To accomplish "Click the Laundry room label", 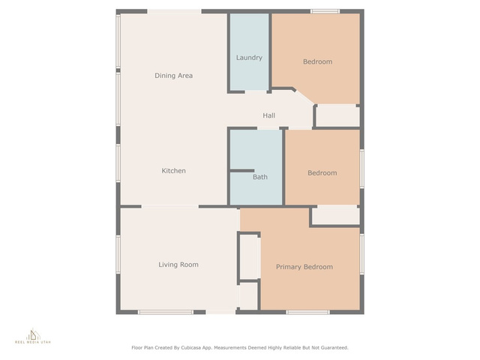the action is tap(249, 58).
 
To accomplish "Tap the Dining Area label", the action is tap(173, 76).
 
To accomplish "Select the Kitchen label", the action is tap(173, 171).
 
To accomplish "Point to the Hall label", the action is tap(268, 115).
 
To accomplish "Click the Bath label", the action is tap(260, 177).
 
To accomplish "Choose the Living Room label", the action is tap(178, 265).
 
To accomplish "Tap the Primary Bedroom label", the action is tap(304, 267).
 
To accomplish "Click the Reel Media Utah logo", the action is tap(33, 336).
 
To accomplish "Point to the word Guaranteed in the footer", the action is tap(334, 348).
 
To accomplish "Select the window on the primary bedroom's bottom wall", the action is tap(308, 312).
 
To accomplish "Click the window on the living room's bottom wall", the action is tap(166, 312).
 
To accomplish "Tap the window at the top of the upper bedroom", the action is tap(325, 12).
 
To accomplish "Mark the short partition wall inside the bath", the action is tap(242, 171).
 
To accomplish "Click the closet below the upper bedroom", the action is tap(338, 115).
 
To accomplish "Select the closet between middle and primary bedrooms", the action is tap(336, 215).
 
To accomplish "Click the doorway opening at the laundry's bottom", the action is tap(256, 91).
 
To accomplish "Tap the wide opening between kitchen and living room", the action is tap(170, 207).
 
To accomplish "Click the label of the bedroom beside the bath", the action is tap(322, 173).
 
